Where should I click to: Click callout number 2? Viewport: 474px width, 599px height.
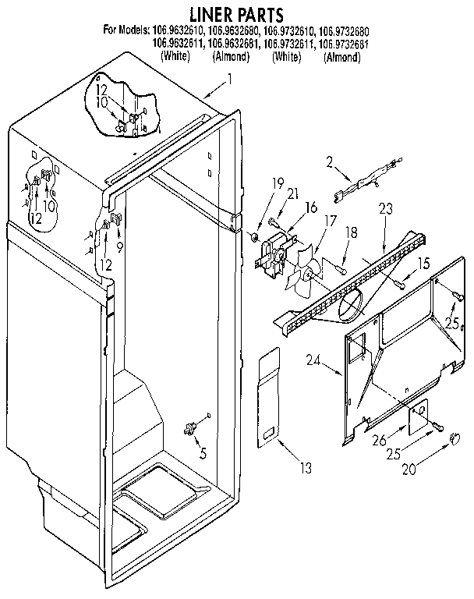click(x=330, y=162)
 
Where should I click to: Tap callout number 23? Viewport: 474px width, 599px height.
click(x=385, y=208)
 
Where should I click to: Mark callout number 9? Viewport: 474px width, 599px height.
click(x=120, y=246)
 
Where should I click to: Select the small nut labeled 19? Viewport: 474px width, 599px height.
click(x=256, y=236)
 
